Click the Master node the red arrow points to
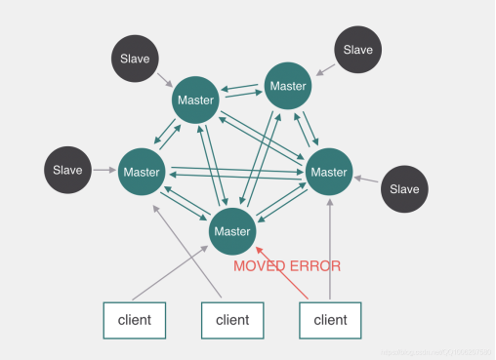click(x=232, y=231)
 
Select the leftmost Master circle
click(x=142, y=173)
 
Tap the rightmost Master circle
click(x=329, y=173)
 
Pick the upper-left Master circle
click(x=195, y=100)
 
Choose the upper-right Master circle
click(x=288, y=86)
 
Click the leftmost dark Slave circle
click(x=67, y=171)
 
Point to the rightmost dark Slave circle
click(x=403, y=189)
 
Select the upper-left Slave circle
click(x=135, y=59)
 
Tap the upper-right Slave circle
click(x=358, y=50)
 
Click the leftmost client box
click(x=135, y=319)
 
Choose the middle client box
click(x=232, y=319)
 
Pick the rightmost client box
click(x=330, y=319)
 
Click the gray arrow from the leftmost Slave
click(x=104, y=171)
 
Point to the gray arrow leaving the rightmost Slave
click(x=368, y=180)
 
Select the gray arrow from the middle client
click(x=188, y=251)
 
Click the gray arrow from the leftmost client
click(x=170, y=272)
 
